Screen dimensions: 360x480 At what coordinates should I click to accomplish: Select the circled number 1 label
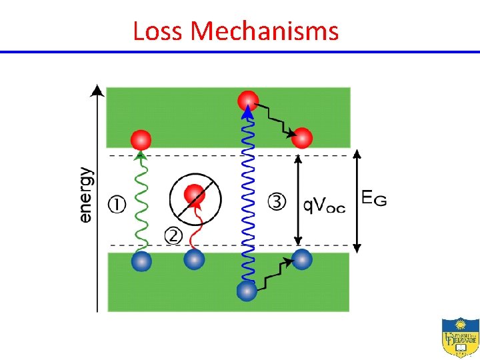(x=117, y=203)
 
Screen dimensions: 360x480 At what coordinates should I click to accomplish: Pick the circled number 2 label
(x=173, y=235)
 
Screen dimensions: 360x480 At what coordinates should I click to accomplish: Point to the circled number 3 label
(x=277, y=201)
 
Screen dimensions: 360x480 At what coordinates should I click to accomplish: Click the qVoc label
(x=324, y=205)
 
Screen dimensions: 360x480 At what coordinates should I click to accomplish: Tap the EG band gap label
(x=373, y=197)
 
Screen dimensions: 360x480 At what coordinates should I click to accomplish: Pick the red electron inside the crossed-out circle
(x=194, y=194)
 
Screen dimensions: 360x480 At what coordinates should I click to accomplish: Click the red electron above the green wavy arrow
(x=141, y=140)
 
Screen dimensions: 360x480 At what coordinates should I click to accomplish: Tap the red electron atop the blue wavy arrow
(x=248, y=101)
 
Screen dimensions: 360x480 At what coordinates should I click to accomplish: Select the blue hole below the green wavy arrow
(x=141, y=260)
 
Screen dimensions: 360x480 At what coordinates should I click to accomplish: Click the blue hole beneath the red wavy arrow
(x=194, y=259)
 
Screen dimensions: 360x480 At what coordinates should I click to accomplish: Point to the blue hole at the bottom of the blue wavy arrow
(x=247, y=291)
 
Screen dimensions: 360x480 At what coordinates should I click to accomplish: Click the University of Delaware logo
(x=459, y=337)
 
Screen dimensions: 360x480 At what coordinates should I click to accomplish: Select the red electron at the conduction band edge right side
(x=302, y=138)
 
